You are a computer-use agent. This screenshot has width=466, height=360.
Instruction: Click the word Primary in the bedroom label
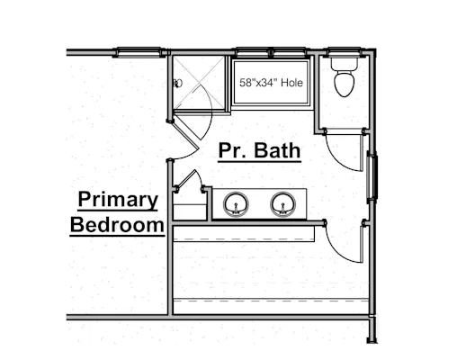118,200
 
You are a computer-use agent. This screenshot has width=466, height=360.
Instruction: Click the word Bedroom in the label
117,225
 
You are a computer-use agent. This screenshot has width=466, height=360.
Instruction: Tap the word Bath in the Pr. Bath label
277,150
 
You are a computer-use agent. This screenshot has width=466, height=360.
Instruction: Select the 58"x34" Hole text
271,83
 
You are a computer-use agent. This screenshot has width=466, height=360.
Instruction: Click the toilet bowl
345,84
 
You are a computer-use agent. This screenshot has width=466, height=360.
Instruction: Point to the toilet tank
345,64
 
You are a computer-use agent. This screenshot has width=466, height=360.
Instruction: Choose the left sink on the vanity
236,204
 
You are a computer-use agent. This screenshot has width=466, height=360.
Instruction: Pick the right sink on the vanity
282,204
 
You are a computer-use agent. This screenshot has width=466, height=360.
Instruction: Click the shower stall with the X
199,83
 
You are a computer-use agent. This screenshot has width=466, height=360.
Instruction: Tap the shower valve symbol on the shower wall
177,83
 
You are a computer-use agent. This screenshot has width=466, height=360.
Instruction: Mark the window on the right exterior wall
372,177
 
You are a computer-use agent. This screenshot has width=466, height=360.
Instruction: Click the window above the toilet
345,52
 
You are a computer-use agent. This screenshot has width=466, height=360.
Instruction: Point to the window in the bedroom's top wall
139,52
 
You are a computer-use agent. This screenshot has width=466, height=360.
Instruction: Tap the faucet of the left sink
236,209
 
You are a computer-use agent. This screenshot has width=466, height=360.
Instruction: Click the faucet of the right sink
282,209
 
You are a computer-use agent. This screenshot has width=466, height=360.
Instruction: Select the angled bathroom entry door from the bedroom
186,133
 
